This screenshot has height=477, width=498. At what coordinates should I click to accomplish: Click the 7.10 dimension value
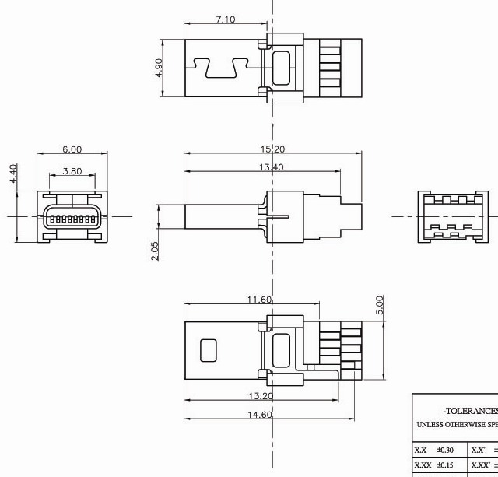tap(225, 19)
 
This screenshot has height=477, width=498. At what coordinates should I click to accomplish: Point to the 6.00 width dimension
tap(72, 149)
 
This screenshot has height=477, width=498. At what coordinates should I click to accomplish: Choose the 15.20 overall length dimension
tap(272, 149)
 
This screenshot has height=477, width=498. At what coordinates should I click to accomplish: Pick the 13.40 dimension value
tap(272, 167)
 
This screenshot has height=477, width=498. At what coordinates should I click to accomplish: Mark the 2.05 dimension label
tap(154, 251)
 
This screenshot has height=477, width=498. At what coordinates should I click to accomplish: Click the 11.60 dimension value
tap(260, 300)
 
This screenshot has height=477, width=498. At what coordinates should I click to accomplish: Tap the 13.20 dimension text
tap(261, 396)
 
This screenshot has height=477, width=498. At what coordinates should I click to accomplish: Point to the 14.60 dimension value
tap(260, 416)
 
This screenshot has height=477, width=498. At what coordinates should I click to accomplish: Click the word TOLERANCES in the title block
tap(470, 410)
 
